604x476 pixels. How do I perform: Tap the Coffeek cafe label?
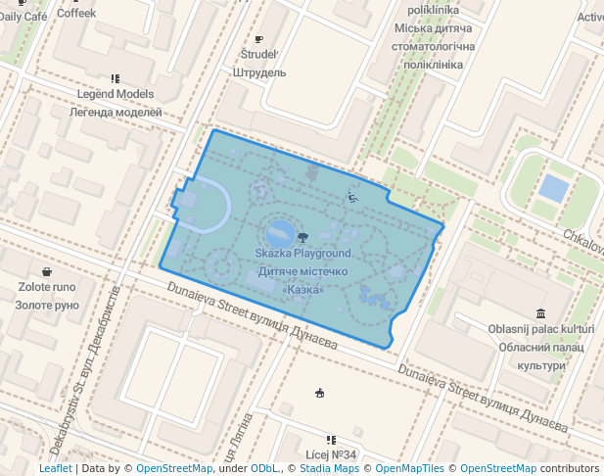click(76, 14)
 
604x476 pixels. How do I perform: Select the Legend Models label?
click(116, 94)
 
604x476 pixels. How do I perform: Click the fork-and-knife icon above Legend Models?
click(116, 78)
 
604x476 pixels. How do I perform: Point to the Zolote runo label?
click(47, 288)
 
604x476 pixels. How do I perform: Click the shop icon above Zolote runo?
click(47, 271)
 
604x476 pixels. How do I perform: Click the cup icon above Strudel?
click(258, 39)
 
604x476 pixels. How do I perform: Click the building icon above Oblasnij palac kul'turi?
click(541, 313)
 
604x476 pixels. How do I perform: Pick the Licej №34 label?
click(331, 454)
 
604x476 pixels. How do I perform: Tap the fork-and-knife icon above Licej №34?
click(331, 440)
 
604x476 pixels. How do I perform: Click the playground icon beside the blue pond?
click(302, 236)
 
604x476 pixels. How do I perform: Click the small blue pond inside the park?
click(278, 234)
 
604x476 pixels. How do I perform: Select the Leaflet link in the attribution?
click(55, 468)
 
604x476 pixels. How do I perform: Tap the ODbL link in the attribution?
click(265, 468)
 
